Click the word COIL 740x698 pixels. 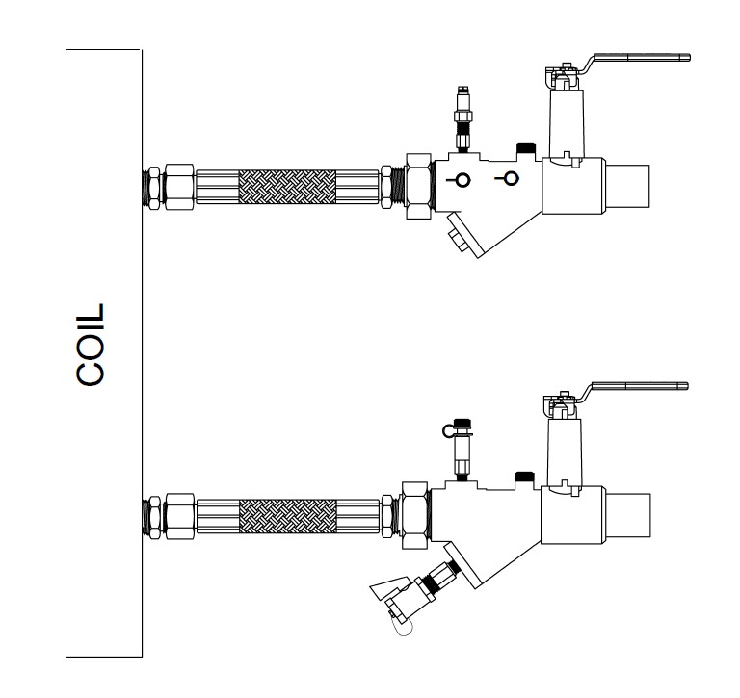[91, 346]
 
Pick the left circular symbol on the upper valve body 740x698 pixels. [462, 179]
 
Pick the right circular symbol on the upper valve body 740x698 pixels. [511, 178]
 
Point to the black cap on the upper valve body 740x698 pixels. [526, 147]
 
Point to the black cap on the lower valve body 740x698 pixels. [526, 475]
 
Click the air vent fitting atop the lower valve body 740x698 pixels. [462, 445]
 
